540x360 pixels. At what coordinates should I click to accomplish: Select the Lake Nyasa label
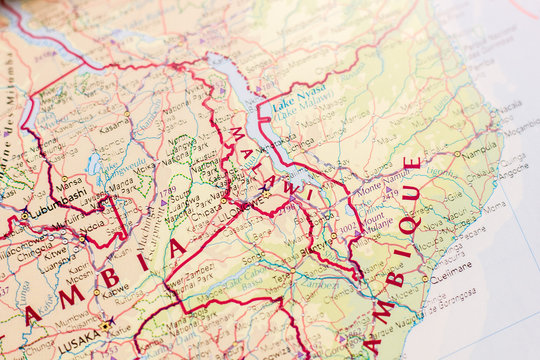(x=297, y=91)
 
